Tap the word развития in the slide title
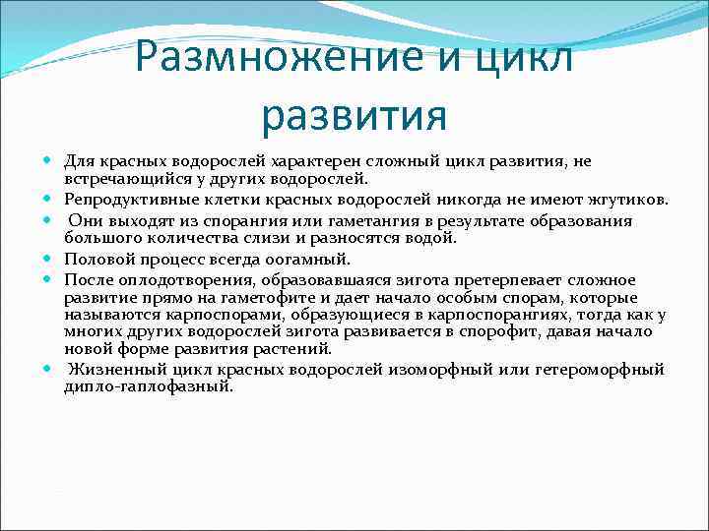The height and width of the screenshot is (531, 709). point(354,115)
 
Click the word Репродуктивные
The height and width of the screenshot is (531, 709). point(124,200)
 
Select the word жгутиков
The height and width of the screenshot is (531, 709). point(628,200)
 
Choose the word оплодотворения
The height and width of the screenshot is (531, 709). point(182,280)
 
